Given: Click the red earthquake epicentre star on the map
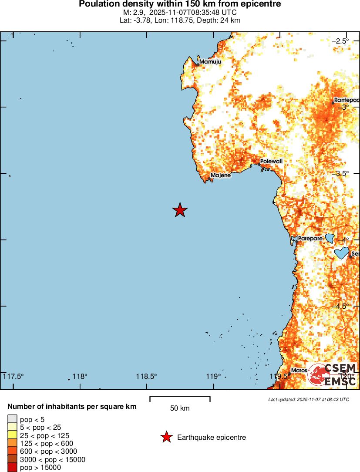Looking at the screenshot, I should pos(180,210).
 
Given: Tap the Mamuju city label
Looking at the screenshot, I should pos(210,62).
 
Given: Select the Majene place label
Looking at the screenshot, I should pos(220,176).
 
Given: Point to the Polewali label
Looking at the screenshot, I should pos(271,162).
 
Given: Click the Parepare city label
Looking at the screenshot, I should pos(310,239).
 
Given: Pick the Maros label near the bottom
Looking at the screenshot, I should pos(299,371).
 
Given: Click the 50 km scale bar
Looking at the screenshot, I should pos(180,399).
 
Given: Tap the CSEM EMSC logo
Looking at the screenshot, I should pos(333,374).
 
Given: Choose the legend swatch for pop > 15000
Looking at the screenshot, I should pos(12,468).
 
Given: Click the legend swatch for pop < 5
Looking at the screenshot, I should pos(12,419).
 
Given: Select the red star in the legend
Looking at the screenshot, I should pos(166,438).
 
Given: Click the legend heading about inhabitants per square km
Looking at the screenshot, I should pos(72,407).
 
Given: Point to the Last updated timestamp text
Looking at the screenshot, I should pos(308,399).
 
